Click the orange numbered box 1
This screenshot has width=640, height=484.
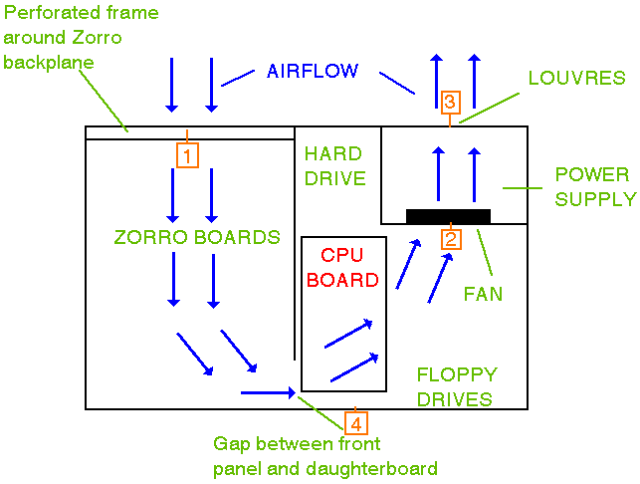(x=188, y=154)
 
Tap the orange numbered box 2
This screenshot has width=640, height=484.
(x=451, y=239)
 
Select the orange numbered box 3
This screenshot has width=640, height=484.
(x=450, y=102)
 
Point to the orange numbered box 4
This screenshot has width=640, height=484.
(x=355, y=421)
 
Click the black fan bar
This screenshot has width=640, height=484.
(x=448, y=216)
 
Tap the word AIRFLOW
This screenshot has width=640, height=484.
(x=313, y=71)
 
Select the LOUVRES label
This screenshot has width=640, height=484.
(x=576, y=78)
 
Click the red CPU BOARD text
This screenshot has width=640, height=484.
(x=342, y=267)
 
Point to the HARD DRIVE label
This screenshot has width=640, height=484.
(x=334, y=166)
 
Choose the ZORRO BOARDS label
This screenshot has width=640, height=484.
(x=197, y=238)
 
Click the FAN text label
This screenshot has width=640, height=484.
(x=483, y=294)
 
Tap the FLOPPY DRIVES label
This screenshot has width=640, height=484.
(x=455, y=386)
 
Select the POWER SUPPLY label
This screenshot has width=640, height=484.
(x=594, y=186)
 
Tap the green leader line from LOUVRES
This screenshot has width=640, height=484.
(x=490, y=108)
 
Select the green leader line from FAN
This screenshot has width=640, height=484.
(x=486, y=256)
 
